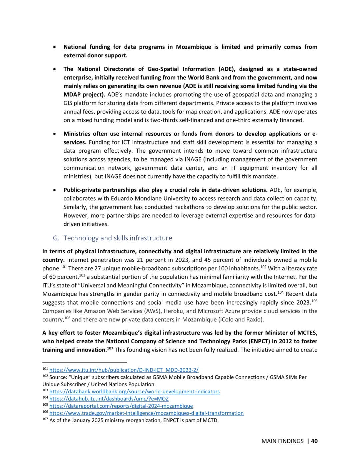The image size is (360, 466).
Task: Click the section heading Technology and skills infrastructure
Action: click(118, 238)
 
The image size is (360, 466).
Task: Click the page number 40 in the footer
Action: click(314, 441)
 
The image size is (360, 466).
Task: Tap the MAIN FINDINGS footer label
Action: click(282, 441)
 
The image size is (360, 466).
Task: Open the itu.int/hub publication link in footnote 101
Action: click(124, 370)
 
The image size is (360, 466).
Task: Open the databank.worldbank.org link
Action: click(134, 392)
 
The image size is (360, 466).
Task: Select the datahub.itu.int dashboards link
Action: click(109, 399)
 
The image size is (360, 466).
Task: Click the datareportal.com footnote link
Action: click(121, 406)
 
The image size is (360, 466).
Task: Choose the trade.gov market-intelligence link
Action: click(146, 413)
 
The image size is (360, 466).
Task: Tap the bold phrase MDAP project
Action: click(84, 95)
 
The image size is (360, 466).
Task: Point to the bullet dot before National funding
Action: click(54, 47)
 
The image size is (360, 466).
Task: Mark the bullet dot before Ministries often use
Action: click(54, 134)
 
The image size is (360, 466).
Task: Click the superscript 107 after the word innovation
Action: click(110, 348)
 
